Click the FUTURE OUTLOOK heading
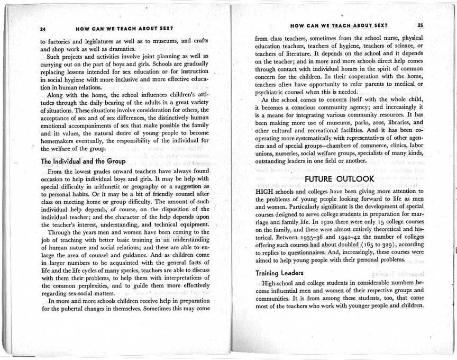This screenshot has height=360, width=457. [x=339, y=178]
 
